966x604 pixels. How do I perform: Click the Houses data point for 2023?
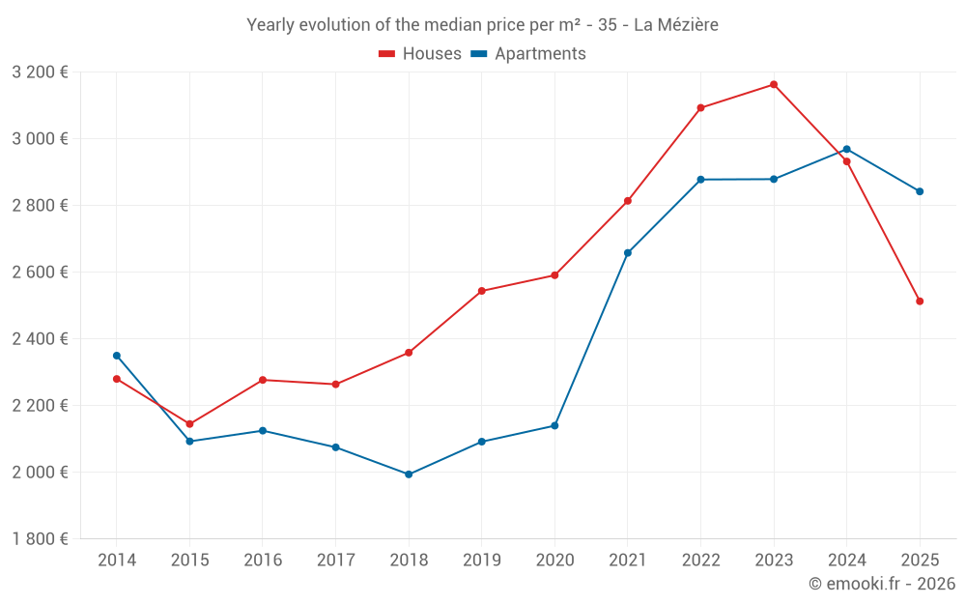tap(774, 85)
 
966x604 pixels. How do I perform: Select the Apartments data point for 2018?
tap(409, 475)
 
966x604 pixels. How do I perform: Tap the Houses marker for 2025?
tap(920, 302)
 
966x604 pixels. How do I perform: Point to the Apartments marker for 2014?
tap(117, 356)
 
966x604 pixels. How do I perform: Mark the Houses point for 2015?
tap(189, 424)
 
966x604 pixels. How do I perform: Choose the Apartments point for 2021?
tap(628, 253)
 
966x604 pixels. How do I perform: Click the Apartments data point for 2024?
tap(847, 149)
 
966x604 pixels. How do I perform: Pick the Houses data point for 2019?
tap(482, 291)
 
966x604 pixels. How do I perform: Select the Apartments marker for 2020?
tap(554, 426)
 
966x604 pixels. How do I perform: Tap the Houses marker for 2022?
tap(700, 108)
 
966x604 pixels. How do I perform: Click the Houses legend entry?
tap(420, 54)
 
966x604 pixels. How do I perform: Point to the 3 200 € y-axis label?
tap(40, 72)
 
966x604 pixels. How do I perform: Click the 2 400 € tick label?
tap(40, 339)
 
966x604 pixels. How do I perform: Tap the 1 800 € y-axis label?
tap(40, 539)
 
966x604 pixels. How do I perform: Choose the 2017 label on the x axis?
tap(335, 561)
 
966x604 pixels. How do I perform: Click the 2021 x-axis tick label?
tap(628, 561)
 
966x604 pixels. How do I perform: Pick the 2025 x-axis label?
tap(920, 561)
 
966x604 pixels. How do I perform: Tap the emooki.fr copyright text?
tap(882, 584)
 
